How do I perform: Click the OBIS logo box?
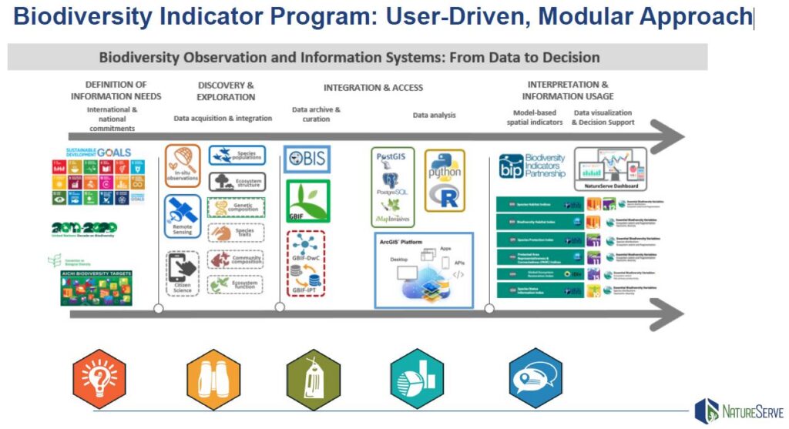307,159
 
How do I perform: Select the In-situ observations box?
182,165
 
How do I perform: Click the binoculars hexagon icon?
213,379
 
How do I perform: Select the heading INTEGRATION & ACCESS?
373,88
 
